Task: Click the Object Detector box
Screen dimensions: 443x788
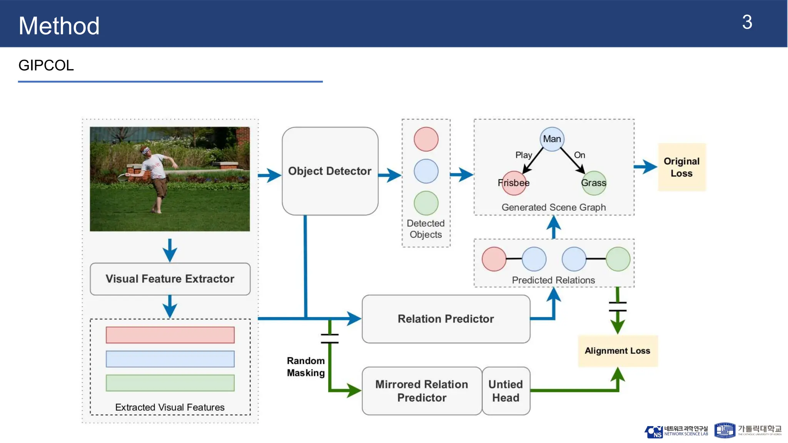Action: [x=330, y=171]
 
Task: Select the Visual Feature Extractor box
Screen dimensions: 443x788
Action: [x=170, y=279]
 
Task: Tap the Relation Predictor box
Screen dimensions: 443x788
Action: [x=446, y=319]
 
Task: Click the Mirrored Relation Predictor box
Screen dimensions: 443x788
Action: [x=422, y=391]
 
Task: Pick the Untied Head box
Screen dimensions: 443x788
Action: [x=506, y=391]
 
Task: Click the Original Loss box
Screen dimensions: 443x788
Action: [x=681, y=167]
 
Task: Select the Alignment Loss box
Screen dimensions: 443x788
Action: [x=617, y=351]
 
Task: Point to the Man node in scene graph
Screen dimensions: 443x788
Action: [x=552, y=139]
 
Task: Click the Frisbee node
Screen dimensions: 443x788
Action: [x=514, y=183]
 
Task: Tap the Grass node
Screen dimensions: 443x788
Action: [x=594, y=183]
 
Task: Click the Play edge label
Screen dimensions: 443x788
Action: [x=523, y=155]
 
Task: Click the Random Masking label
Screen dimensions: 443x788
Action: [x=306, y=366]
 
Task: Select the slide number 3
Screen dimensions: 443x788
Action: [x=747, y=22]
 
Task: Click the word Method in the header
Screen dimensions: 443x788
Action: [x=59, y=26]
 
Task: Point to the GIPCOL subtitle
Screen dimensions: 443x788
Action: [x=46, y=65]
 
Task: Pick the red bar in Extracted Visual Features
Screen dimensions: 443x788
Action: [x=170, y=335]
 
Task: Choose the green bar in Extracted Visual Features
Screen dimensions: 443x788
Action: [x=170, y=383]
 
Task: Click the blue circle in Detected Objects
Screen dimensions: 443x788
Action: [x=426, y=171]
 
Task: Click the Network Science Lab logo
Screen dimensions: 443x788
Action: [x=676, y=431]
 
